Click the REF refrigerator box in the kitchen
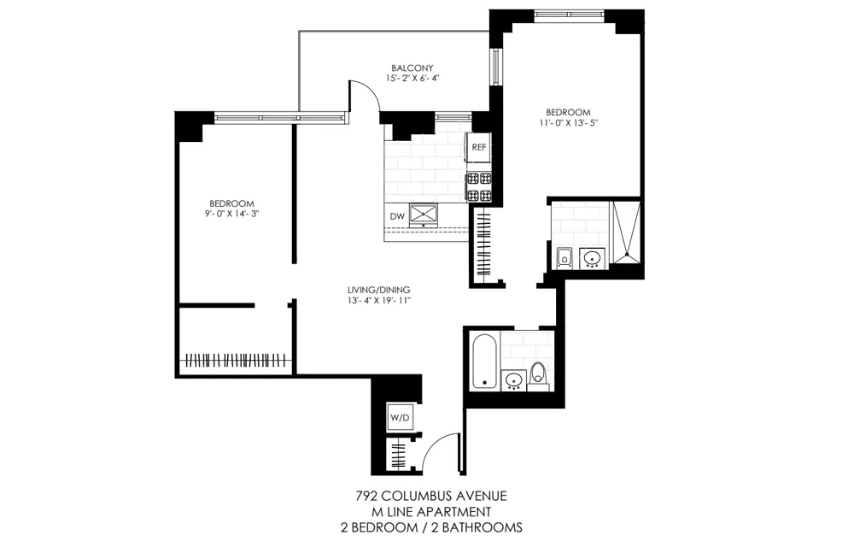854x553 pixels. (x=479, y=147)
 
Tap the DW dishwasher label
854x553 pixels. (x=396, y=216)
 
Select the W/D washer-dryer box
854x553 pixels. (x=400, y=417)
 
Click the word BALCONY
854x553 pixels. (x=412, y=68)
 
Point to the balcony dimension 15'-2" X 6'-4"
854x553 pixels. (x=412, y=79)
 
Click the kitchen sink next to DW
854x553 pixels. (x=424, y=213)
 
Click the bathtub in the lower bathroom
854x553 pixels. (x=483, y=362)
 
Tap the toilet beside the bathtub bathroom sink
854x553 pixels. (x=538, y=374)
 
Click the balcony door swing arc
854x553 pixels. (x=366, y=92)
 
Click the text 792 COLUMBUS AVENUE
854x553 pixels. (x=430, y=496)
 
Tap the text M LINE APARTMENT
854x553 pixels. (x=430, y=511)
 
